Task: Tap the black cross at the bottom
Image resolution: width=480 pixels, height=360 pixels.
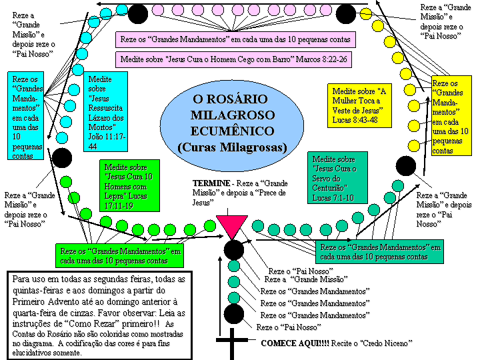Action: (232, 343)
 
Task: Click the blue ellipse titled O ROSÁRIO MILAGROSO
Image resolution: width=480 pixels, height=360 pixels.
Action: (232, 125)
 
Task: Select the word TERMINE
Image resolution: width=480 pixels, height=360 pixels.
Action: (211, 183)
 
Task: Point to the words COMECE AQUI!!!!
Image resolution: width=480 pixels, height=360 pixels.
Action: (295, 343)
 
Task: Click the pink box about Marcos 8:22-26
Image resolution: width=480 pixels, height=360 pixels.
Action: (233, 59)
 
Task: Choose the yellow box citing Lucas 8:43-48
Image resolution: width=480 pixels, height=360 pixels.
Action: (359, 105)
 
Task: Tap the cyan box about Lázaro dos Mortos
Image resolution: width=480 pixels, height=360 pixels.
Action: (105, 112)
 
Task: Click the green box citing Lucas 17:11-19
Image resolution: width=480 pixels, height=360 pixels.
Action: (129, 185)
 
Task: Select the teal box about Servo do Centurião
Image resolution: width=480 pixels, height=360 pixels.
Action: (337, 177)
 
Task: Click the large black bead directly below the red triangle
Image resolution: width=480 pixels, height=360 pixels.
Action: (234, 250)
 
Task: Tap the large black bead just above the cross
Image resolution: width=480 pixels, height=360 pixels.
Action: (234, 314)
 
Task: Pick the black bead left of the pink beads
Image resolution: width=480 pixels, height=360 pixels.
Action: (138, 13)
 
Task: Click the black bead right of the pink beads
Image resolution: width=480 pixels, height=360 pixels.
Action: (346, 13)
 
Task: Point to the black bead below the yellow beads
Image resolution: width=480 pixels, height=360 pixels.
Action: (406, 166)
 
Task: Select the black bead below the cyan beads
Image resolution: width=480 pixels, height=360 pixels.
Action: (62, 158)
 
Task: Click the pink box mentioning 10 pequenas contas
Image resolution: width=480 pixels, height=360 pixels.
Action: (235, 39)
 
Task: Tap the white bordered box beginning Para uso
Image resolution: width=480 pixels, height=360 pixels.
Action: (99, 315)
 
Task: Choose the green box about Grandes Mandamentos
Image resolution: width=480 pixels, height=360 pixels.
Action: (120, 255)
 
